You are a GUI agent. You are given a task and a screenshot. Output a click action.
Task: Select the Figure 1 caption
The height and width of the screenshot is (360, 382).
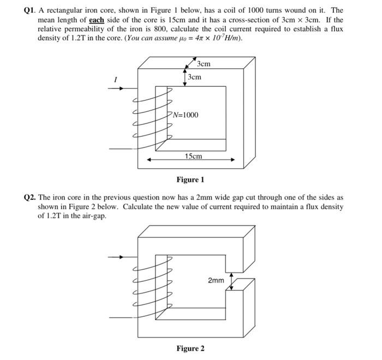tap(190, 180)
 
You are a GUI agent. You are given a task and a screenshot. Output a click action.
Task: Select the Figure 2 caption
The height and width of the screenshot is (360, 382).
tap(190, 349)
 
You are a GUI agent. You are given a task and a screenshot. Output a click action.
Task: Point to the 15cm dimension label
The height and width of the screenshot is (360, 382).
tap(193, 156)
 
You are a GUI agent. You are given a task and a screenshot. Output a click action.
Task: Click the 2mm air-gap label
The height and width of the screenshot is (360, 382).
tap(216, 280)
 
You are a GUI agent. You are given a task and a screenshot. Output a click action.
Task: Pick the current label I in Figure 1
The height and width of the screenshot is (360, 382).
tap(115, 80)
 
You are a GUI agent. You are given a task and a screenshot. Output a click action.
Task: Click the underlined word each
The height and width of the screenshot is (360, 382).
tap(97, 20)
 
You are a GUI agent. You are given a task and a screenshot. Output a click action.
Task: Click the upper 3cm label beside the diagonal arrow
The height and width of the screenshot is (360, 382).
tap(204, 64)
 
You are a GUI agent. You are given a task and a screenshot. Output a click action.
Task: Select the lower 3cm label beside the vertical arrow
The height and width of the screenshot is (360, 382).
tap(194, 77)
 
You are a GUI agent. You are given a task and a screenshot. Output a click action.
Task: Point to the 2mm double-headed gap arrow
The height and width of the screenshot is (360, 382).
tap(232, 281)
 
